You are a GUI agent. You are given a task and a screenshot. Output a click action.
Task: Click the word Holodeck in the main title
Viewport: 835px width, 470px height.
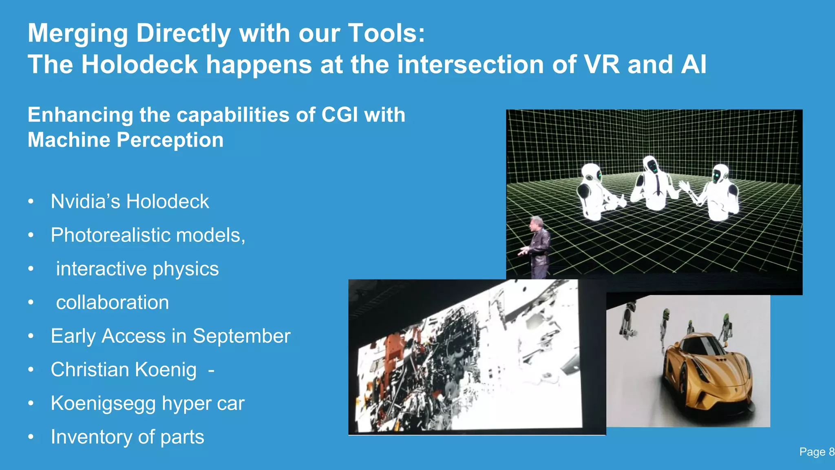tap(139, 64)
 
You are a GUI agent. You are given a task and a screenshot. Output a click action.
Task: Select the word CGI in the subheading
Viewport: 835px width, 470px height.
tap(339, 115)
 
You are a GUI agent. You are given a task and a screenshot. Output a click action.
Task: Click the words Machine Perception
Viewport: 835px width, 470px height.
tap(126, 140)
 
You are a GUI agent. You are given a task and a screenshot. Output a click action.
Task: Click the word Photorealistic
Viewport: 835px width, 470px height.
tap(110, 235)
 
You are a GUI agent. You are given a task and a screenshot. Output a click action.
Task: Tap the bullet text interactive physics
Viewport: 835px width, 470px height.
tap(137, 269)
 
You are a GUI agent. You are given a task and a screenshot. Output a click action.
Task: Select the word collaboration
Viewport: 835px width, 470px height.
tap(113, 302)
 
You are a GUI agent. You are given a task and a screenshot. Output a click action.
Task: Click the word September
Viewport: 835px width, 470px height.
tap(241, 336)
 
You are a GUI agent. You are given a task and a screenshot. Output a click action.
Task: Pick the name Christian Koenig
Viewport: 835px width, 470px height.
tap(124, 370)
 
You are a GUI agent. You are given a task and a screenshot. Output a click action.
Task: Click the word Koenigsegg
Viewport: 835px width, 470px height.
tap(103, 403)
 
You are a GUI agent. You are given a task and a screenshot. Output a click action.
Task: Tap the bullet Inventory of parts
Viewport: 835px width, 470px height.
tap(127, 437)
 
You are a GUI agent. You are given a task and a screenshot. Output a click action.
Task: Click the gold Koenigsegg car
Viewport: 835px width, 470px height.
tap(707, 371)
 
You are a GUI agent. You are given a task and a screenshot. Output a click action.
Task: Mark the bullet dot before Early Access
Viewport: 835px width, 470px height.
tap(31, 336)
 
